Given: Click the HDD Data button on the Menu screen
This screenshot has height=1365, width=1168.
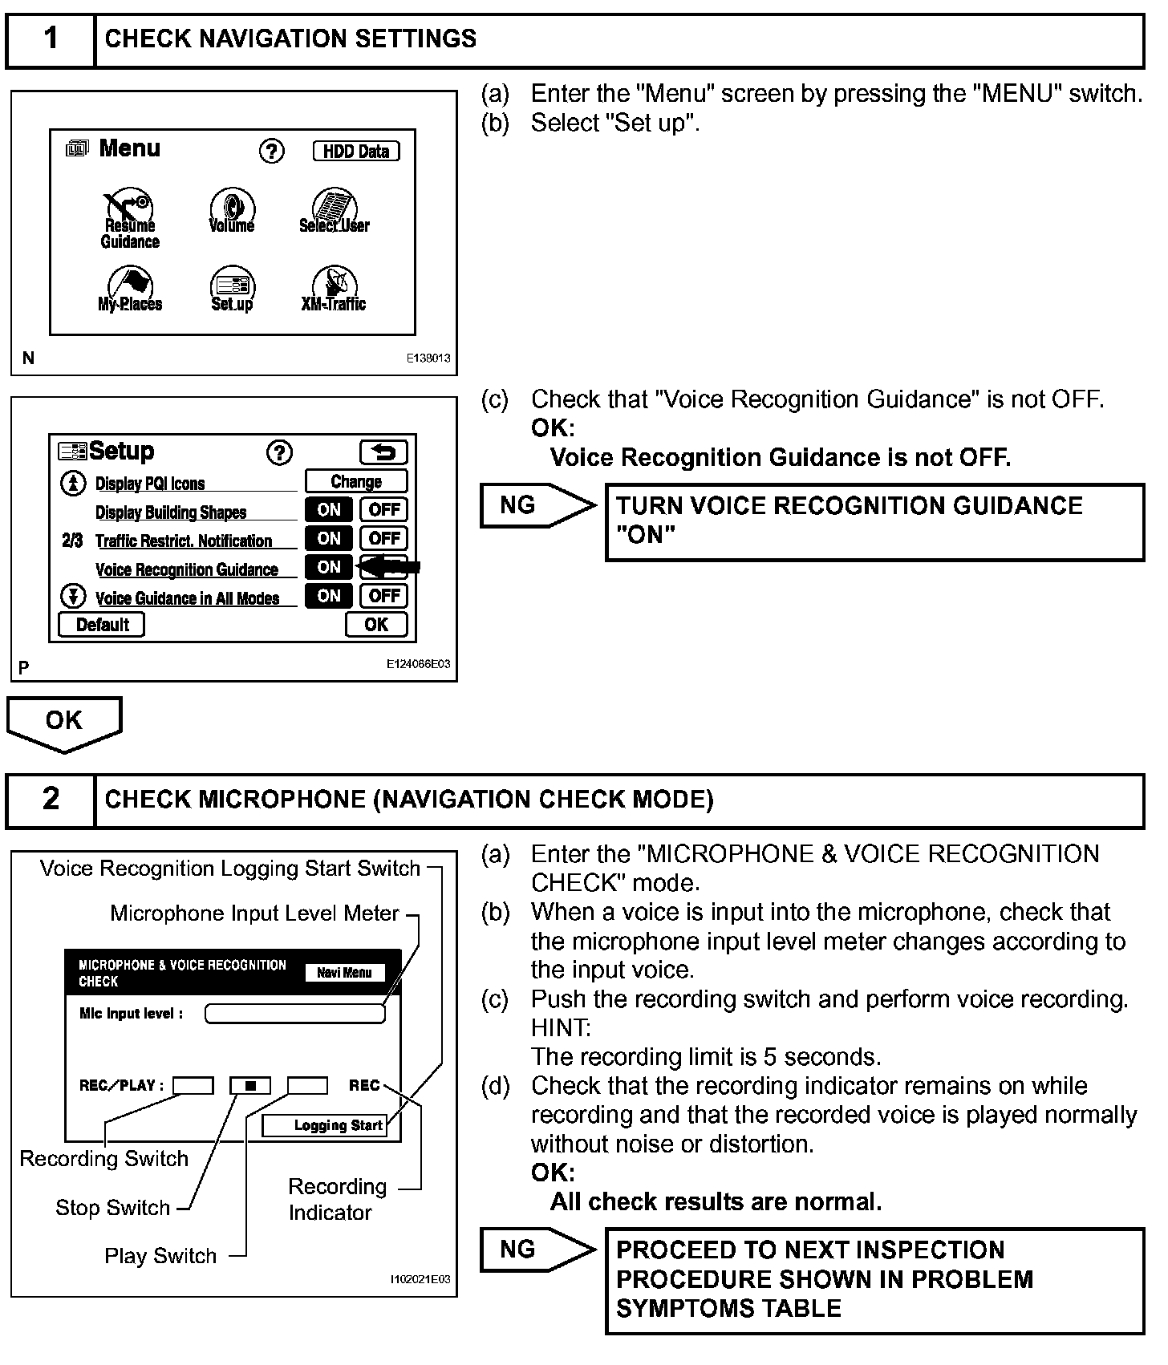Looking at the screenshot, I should pos(355,151).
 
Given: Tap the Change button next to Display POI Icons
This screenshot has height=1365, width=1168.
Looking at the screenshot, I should pos(356,481).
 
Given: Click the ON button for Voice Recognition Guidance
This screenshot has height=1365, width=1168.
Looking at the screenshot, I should pos(329,567).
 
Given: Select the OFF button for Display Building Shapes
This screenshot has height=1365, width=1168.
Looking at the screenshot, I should pos(384,509).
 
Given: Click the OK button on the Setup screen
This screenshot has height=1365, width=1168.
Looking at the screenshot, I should pos(376,624).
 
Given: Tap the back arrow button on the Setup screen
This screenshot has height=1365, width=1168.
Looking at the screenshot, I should pos(383,452).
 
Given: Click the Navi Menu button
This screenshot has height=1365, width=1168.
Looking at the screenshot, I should pos(344,973).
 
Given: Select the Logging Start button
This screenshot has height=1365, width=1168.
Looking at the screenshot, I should pos(325,1125).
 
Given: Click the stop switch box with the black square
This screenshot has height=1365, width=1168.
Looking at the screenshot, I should pos(250,1086).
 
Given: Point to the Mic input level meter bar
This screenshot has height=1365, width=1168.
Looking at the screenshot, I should pos(294,1014).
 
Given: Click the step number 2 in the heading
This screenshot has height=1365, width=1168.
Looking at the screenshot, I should pos(51,799).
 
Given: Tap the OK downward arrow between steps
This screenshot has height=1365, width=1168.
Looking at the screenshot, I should pos(64,723).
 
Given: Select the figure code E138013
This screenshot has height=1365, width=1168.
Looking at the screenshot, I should pos(428,358).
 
